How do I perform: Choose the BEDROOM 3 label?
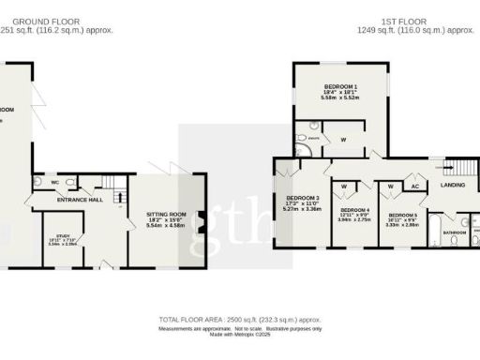pos(302,199)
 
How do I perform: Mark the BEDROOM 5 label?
pos(400,215)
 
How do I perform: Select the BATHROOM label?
pos(456,231)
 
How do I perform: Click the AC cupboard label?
pos(413,186)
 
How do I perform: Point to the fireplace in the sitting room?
pos(199,221)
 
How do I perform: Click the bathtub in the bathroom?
pos(435,239)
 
